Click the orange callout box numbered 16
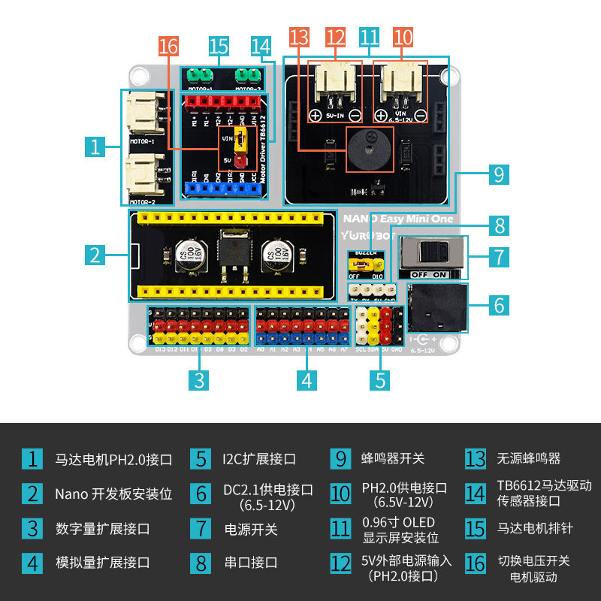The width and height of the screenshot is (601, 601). coord(169,46)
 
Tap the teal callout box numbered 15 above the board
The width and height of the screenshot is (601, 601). coord(219,46)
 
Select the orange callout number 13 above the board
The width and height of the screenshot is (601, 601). coord(299,37)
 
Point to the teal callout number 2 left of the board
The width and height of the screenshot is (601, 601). coord(94,255)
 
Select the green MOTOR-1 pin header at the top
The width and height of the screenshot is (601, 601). coord(199,76)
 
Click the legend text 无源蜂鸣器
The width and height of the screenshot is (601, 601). coord(528,458)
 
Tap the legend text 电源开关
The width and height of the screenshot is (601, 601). coord(251,529)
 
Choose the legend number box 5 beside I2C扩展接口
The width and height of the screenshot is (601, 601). coord(200,458)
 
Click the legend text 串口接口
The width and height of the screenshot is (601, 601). coord(251,562)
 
